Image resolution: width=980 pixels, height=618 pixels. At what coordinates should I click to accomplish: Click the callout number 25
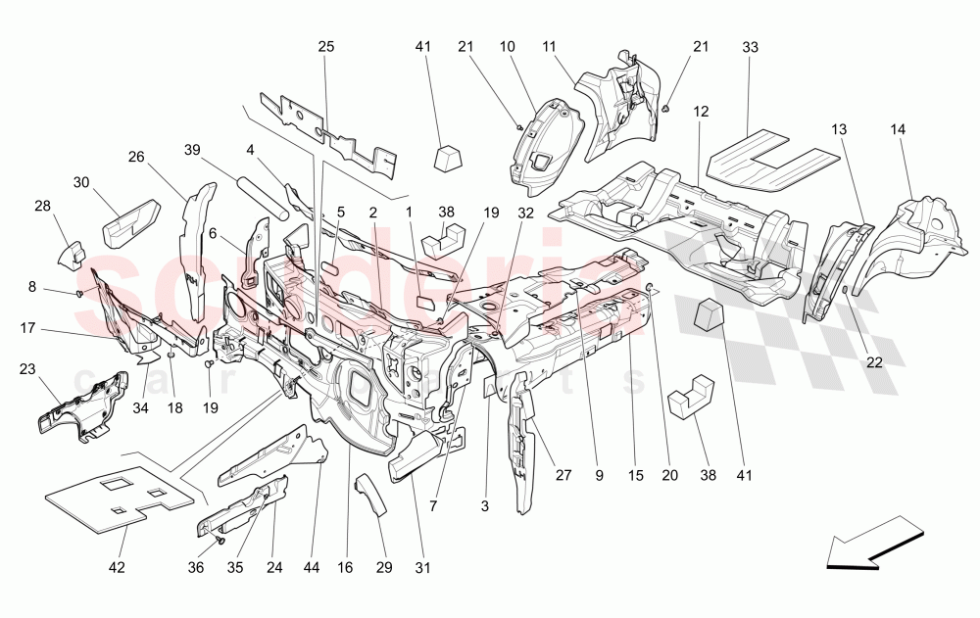[326, 46]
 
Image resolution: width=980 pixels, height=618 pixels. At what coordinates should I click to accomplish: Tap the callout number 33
[751, 46]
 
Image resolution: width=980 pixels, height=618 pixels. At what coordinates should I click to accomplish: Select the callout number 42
[117, 566]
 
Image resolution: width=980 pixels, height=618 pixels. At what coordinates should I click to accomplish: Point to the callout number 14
[900, 129]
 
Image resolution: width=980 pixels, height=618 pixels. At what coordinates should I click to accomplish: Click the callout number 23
[26, 369]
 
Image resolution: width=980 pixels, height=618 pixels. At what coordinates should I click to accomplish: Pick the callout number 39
[192, 149]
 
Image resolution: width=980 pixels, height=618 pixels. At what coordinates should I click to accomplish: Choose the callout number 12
[701, 111]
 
